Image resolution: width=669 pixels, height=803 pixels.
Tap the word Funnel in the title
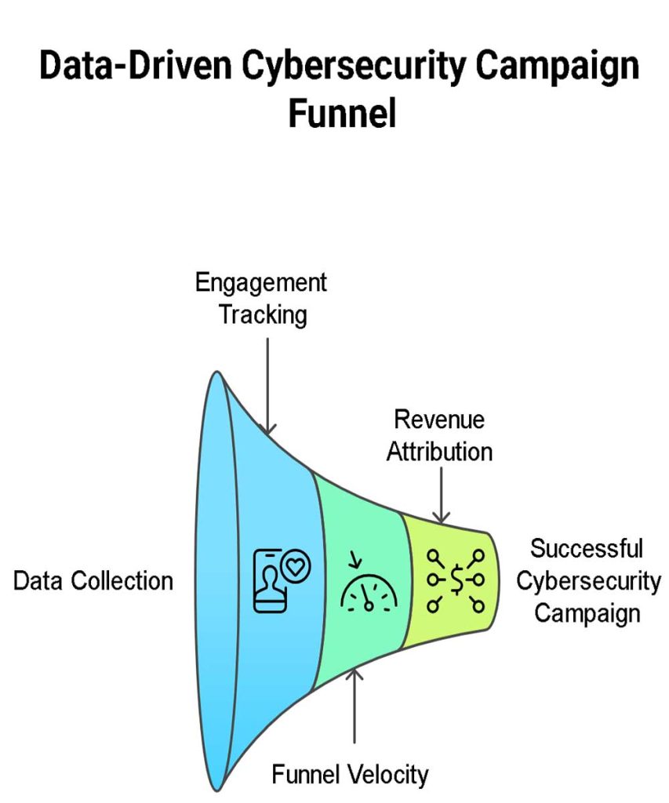(x=341, y=114)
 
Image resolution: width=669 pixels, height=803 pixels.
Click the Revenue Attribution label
(x=439, y=436)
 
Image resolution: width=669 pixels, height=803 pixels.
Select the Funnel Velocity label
(x=350, y=775)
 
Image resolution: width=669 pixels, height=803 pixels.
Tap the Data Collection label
(x=93, y=581)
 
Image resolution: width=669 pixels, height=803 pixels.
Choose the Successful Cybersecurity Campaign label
(x=587, y=580)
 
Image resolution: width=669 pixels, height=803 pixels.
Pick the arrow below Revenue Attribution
(x=442, y=494)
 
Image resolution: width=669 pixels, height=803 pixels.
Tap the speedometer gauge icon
(x=368, y=588)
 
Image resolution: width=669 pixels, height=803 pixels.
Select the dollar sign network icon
(x=456, y=581)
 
